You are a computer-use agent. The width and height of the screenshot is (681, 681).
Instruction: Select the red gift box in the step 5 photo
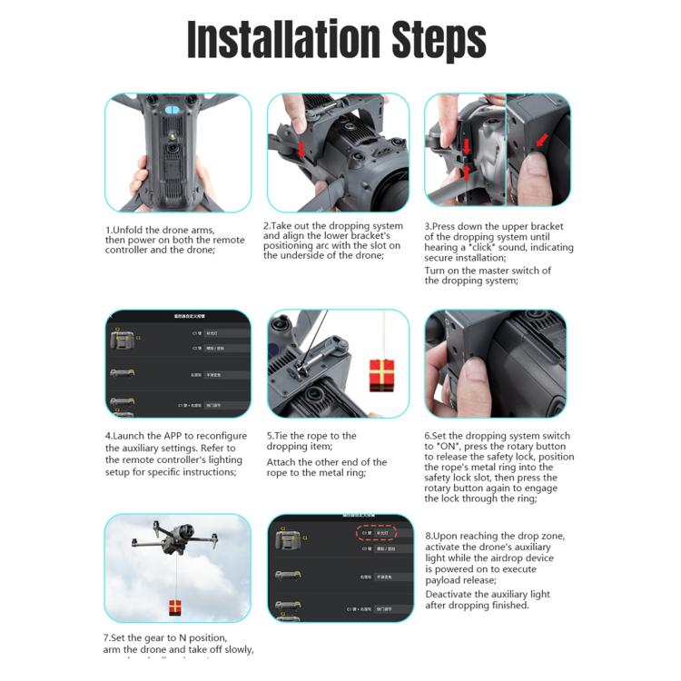point(382,372)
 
